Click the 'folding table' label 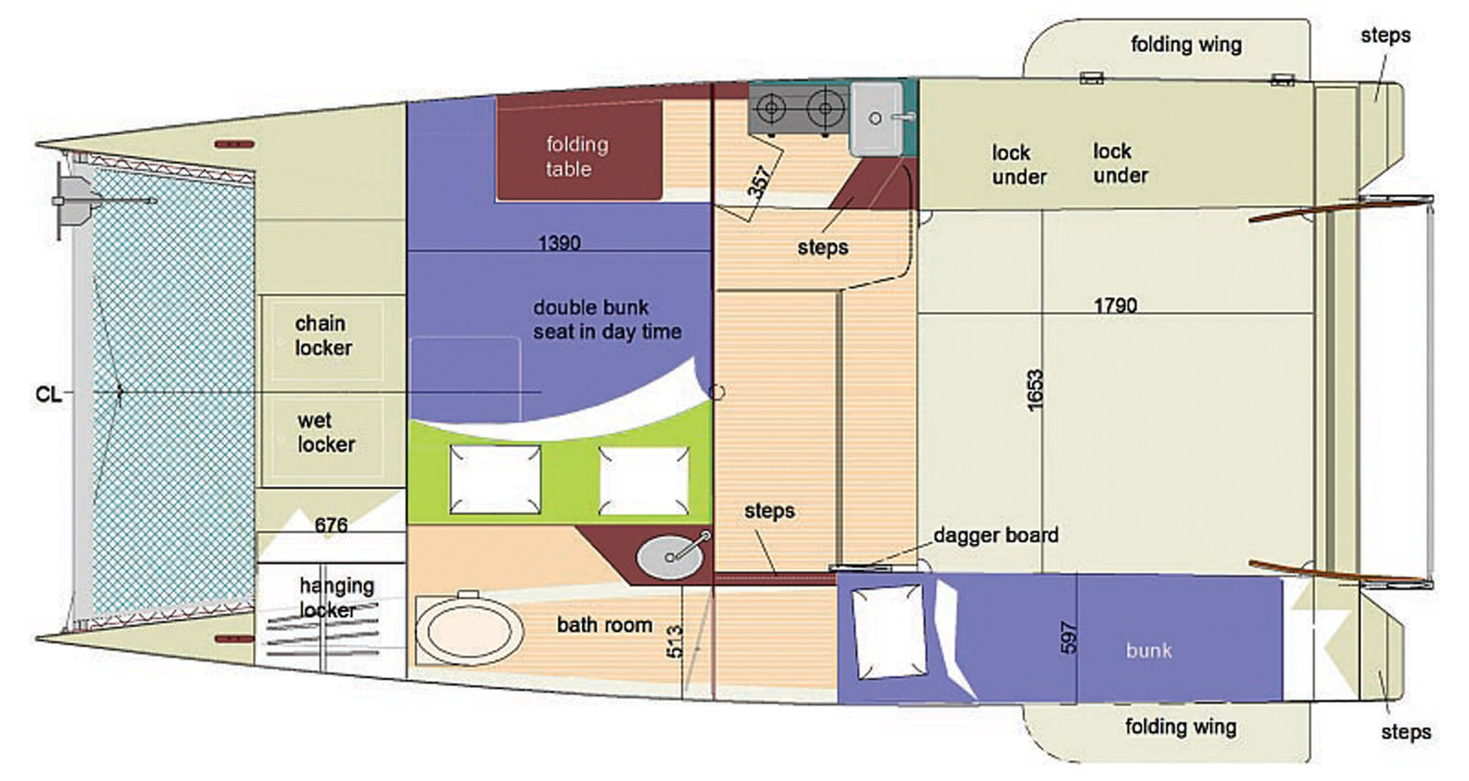click(578, 157)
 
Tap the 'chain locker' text click(323, 335)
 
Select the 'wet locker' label click(326, 433)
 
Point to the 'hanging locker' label click(336, 597)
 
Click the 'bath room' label click(605, 625)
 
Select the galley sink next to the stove click(876, 119)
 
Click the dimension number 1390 click(559, 243)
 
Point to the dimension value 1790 click(1116, 305)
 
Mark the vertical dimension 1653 click(1035, 391)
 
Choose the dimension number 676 click(331, 525)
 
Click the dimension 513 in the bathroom click(674, 642)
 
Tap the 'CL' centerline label click(48, 394)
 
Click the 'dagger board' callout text click(995, 535)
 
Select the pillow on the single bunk click(889, 631)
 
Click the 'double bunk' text click(591, 307)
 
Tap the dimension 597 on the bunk click(1069, 638)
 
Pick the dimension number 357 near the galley click(758, 183)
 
